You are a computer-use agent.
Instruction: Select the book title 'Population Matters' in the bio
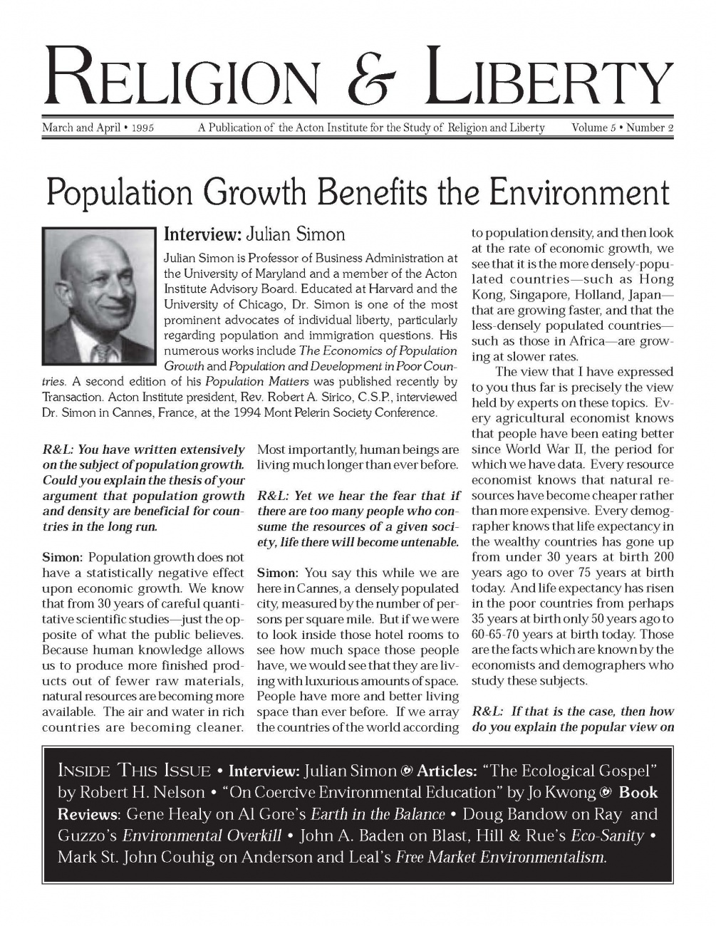247,382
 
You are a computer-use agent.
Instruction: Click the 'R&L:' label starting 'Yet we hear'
272,496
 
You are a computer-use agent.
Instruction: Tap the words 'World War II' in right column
542,449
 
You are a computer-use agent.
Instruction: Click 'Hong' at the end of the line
656,279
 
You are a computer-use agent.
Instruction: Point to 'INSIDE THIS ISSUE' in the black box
134,771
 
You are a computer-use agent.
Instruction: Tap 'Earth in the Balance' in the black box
378,814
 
